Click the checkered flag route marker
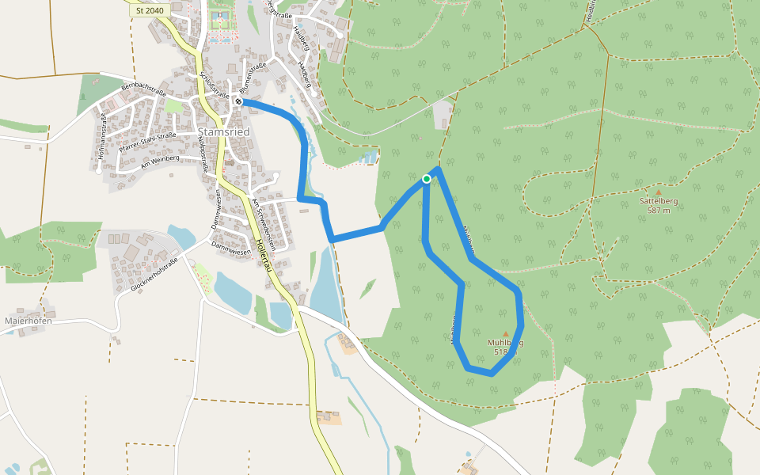coord(238,102)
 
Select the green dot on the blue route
coord(427,179)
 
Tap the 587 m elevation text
coord(659,211)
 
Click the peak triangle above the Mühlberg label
coord(506,333)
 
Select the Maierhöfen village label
coord(28,321)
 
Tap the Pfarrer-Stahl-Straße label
coord(147,141)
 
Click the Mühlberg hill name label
coord(505,343)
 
